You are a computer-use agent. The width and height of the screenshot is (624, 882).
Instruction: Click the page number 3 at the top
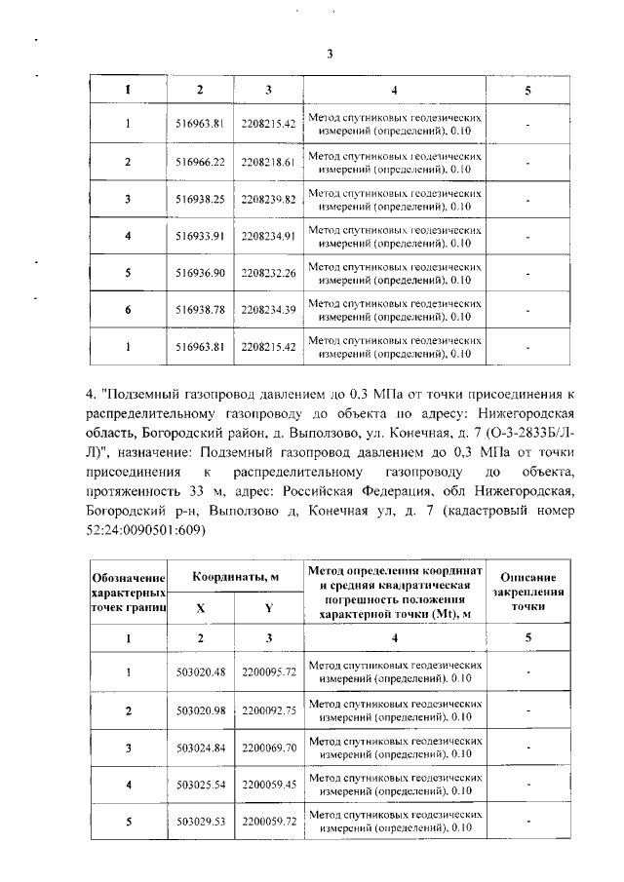pos(330,55)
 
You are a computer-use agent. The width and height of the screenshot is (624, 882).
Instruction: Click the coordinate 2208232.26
pos(268,273)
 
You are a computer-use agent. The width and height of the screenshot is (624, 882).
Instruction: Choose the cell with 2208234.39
pos(268,310)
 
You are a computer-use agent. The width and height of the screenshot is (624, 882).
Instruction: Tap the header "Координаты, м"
pos(235,577)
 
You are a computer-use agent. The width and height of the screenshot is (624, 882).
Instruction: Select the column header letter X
pos(201,606)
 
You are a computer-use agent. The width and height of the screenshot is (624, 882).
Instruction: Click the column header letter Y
pos(268,606)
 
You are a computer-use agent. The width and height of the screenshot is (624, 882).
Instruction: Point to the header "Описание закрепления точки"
pos(527,592)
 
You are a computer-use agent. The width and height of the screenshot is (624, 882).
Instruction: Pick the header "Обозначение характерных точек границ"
pos(128,592)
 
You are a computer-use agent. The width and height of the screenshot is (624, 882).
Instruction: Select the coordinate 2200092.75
pos(268,709)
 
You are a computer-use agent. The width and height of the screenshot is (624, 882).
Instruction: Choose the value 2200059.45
pos(268,785)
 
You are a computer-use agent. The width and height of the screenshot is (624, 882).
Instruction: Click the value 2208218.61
pos(268,161)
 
